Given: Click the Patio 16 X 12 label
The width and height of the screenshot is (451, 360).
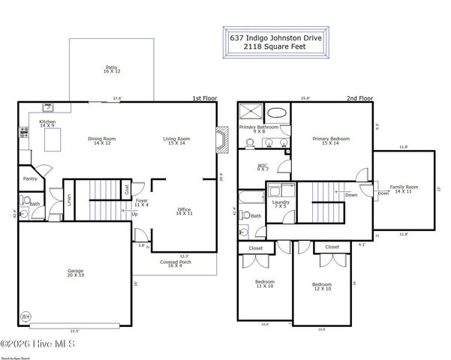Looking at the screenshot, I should coord(112,70).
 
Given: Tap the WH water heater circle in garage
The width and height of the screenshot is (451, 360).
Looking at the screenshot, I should coord(26,316).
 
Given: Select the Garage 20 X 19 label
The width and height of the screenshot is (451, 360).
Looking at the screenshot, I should coord(75,273).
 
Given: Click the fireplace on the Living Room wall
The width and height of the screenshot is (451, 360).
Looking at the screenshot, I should coord(220,139).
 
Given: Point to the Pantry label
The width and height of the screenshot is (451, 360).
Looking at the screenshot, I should coord(31,179).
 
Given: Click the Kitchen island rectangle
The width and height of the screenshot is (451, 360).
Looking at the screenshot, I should coord(53,140).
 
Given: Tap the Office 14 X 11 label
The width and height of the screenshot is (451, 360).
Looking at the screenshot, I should coord(184,211).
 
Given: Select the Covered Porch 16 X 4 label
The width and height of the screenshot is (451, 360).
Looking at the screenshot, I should coord(174,263).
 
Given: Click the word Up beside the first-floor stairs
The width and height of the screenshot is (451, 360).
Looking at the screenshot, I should coord(135,214).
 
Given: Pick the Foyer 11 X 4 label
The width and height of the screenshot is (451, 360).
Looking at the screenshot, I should coord(141,202).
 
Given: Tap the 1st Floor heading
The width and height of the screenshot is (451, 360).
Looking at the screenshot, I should coord(204,98).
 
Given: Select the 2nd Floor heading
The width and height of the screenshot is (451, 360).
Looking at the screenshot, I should coord(359,98).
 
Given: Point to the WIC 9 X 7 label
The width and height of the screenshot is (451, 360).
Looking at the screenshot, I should coord(263,167).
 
